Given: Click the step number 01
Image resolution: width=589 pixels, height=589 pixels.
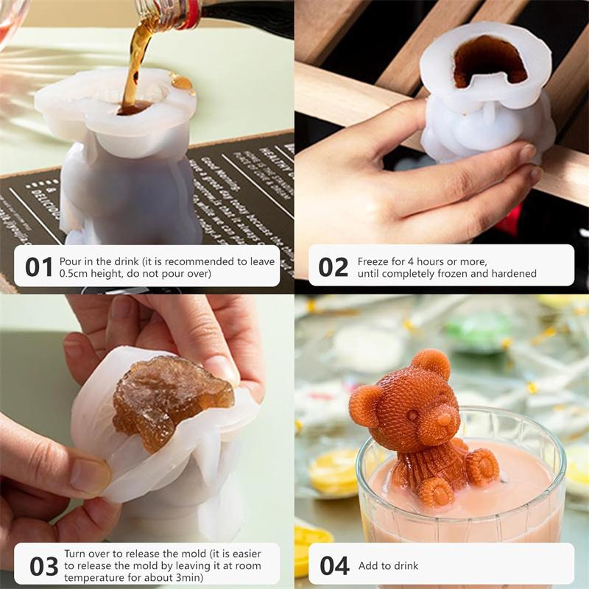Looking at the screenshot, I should coord(38,267).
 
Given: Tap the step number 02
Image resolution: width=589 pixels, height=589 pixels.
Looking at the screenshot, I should coord(333,267).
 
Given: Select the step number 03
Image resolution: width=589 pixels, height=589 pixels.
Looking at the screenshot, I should coord(43,565).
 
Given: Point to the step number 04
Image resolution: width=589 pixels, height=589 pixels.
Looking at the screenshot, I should coord(334,565).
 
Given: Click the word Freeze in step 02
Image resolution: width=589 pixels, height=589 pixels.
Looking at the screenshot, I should coord(373,261).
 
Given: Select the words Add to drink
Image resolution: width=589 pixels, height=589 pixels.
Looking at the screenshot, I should coord(388,565).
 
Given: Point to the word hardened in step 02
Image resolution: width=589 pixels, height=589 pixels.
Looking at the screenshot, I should coord(517,273).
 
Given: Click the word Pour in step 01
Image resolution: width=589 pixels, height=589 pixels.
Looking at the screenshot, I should coord(71,261).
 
